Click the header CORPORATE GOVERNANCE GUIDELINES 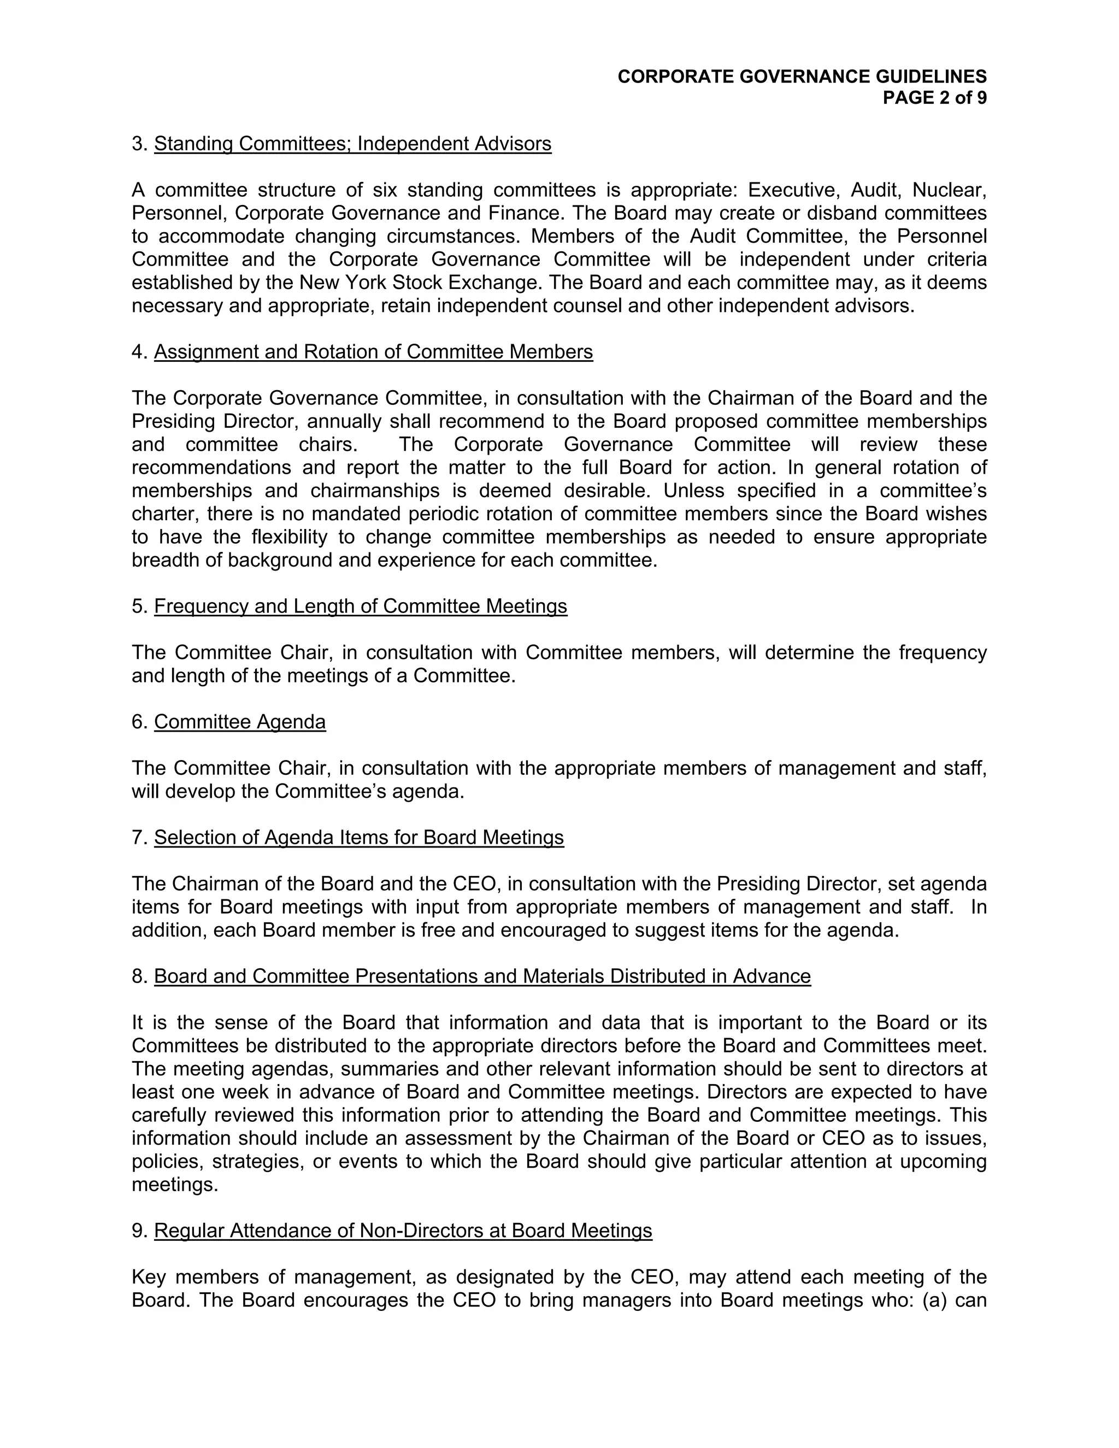(x=802, y=76)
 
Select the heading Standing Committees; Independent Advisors (x=352, y=144)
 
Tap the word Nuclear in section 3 (x=949, y=190)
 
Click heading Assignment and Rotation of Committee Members (x=373, y=352)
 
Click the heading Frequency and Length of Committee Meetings (x=361, y=607)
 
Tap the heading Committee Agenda (x=240, y=722)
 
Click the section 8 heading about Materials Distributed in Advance (x=482, y=976)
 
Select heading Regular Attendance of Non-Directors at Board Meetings (x=403, y=1231)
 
